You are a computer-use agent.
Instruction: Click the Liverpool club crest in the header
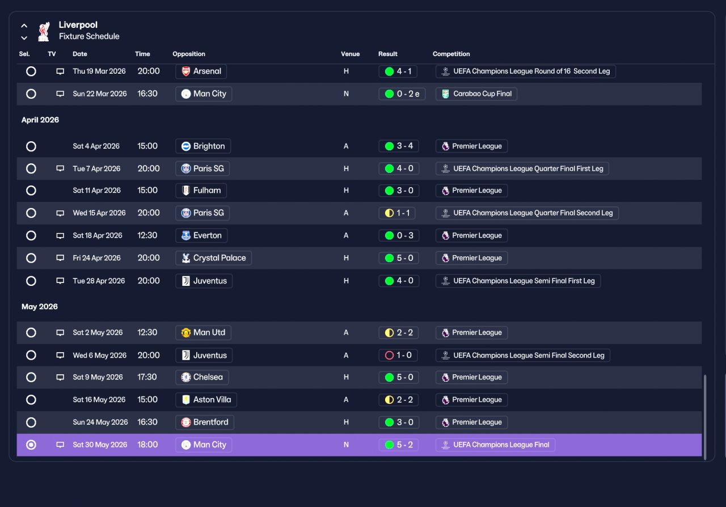(x=44, y=31)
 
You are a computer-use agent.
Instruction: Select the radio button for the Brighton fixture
(x=31, y=146)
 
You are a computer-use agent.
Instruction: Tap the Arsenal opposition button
(x=201, y=71)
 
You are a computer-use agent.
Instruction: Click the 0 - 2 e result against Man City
(x=402, y=94)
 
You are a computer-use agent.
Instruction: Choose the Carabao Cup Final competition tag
(x=476, y=94)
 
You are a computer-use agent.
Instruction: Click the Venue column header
(x=350, y=54)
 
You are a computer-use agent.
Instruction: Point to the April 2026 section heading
(x=40, y=120)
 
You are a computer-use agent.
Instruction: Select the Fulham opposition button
(x=201, y=191)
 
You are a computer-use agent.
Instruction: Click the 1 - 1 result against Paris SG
(x=397, y=213)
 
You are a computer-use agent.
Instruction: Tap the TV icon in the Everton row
(x=60, y=236)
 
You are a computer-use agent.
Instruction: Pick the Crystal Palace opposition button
(x=214, y=258)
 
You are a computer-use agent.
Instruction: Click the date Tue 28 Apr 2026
(x=99, y=281)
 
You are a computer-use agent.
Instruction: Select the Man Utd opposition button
(x=203, y=332)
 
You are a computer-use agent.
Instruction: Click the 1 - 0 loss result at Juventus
(x=398, y=355)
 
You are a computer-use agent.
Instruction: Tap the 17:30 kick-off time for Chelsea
(x=147, y=377)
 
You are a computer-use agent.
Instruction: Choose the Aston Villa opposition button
(x=206, y=400)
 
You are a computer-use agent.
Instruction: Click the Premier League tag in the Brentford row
(x=471, y=422)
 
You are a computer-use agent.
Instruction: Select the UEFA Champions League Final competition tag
(x=495, y=445)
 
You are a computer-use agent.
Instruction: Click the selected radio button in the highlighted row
(x=31, y=445)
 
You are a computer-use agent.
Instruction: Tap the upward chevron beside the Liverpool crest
(x=24, y=26)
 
